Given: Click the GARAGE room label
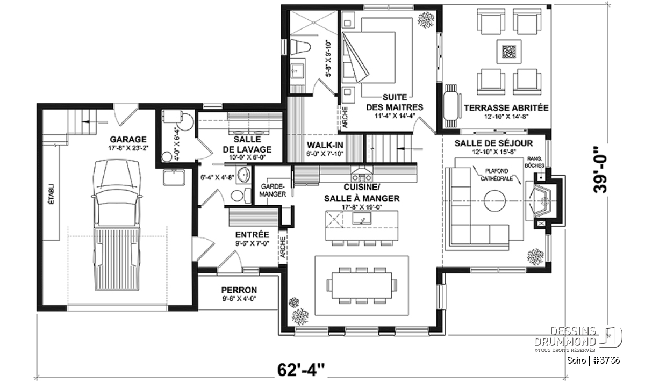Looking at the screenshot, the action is (128, 140).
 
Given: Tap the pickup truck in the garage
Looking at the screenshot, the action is (117, 225).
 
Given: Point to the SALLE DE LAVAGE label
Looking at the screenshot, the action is (247, 145).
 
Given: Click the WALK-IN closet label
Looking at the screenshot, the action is (325, 145).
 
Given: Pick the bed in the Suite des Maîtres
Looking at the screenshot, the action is (378, 57).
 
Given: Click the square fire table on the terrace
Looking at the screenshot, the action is (509, 52).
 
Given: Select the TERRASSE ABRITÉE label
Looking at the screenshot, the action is (506, 108).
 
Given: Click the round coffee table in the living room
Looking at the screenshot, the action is (494, 200).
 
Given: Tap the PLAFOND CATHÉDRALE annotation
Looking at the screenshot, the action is (497, 175).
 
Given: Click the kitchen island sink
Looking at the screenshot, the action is (362, 218).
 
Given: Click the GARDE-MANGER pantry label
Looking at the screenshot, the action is (273, 190).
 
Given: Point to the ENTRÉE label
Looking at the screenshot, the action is (252, 235).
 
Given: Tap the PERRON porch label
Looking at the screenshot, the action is (239, 290).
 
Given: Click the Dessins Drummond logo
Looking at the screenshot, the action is (578, 338).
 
